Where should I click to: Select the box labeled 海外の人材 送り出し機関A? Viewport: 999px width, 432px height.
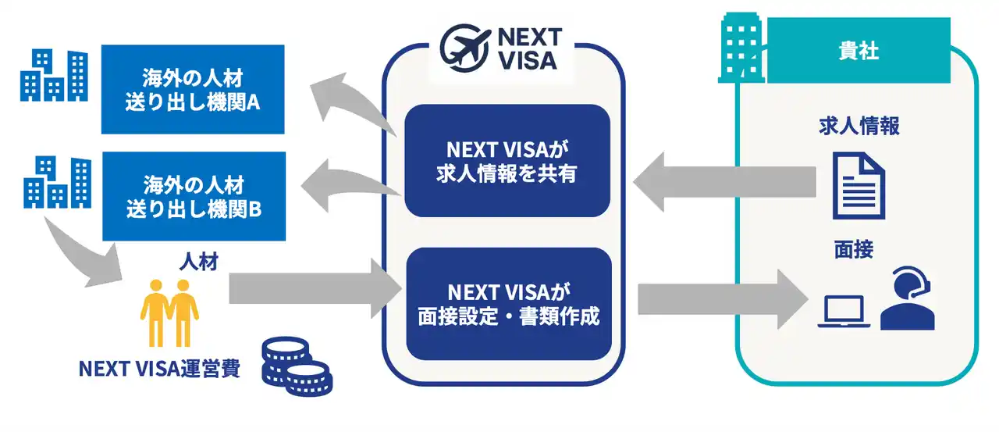[193, 89]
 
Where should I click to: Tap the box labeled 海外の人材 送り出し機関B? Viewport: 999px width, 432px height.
[193, 196]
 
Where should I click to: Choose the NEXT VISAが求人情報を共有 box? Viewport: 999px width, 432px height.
[507, 160]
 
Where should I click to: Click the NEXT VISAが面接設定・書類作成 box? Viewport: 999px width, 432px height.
[507, 304]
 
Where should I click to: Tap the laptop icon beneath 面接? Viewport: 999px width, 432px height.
[844, 312]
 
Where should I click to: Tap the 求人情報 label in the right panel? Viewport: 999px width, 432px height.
[859, 127]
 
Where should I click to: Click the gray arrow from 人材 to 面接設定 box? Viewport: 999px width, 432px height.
[312, 289]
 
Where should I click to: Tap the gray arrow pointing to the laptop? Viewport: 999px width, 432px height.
[718, 298]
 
